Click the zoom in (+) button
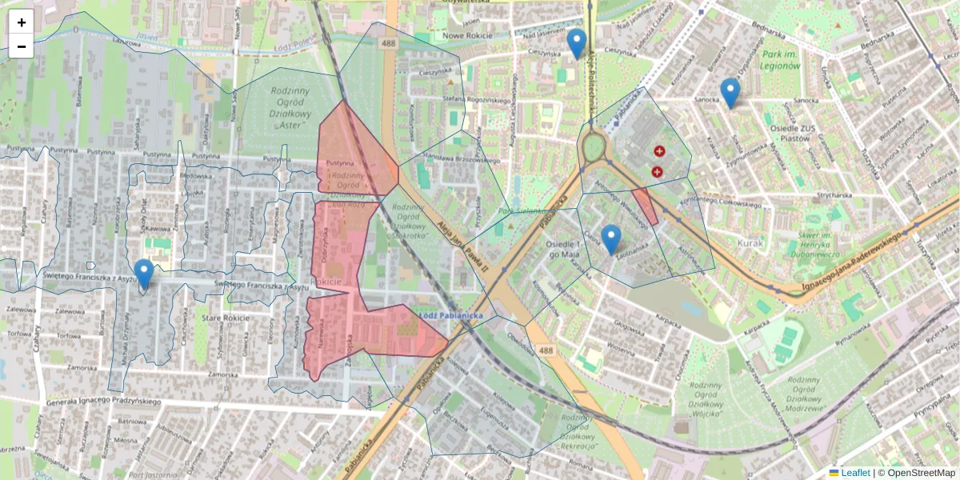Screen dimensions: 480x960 [22, 22]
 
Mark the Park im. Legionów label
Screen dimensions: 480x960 [781, 60]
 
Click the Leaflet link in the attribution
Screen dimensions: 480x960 [854, 473]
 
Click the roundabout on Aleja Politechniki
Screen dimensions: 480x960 [593, 147]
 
